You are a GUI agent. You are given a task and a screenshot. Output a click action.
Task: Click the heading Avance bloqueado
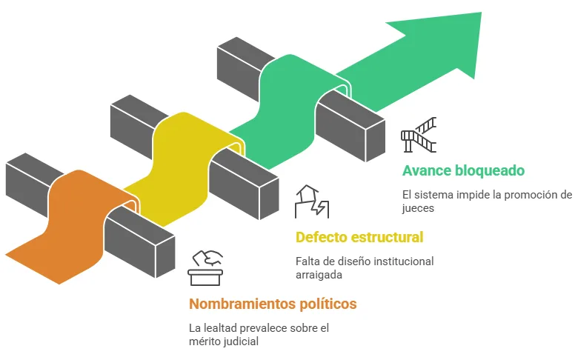463,170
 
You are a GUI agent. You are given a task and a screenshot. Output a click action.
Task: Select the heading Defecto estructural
359,237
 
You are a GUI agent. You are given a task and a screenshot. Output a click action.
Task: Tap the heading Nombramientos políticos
273,304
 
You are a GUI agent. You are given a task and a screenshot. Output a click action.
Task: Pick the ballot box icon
206,267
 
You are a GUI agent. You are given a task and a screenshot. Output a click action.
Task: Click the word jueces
418,208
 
